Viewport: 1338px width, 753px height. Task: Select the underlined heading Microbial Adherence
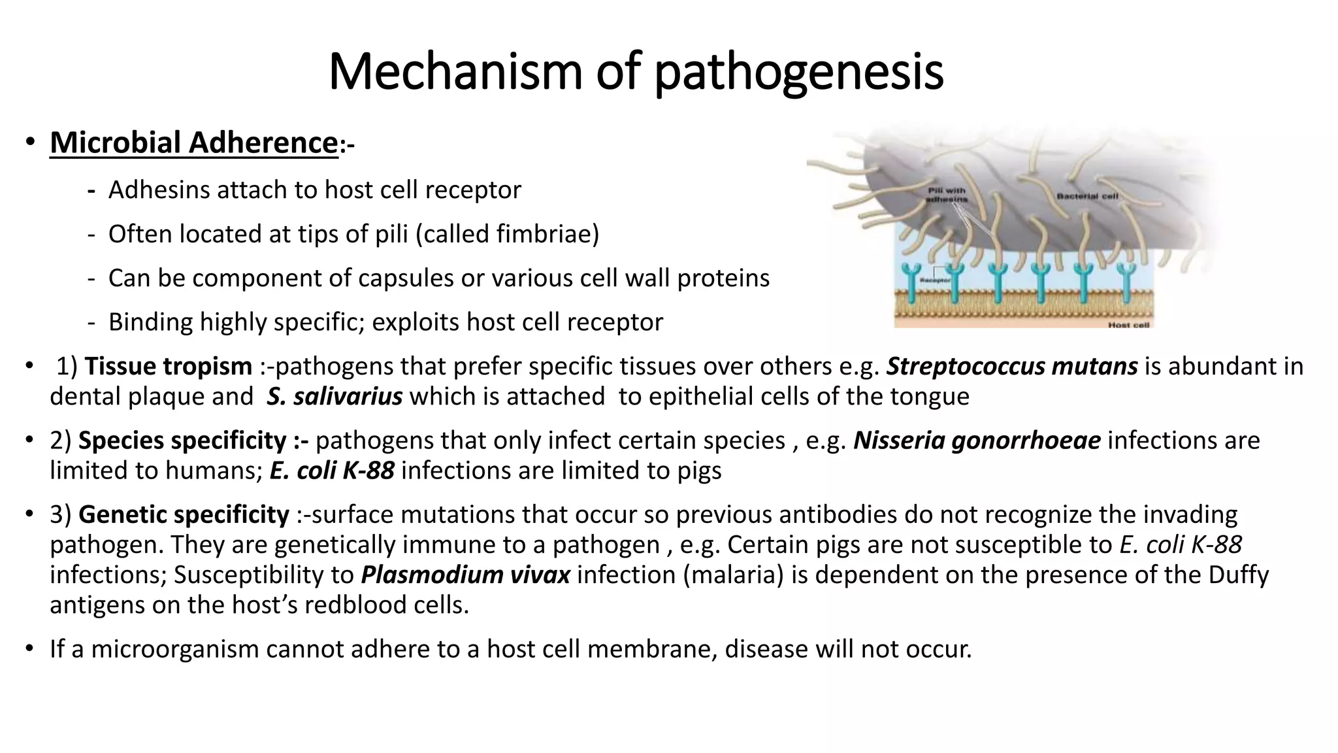[193, 143]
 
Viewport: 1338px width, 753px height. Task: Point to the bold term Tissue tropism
[168, 367]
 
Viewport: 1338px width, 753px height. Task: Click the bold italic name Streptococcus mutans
[1012, 367]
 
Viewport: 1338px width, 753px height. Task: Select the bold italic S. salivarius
[334, 397]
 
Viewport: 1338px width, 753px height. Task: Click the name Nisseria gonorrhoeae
[977, 441]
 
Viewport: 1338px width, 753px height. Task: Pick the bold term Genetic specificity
[184, 515]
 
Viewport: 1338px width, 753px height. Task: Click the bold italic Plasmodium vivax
[465, 575]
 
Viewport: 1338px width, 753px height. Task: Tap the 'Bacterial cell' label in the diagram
[1087, 196]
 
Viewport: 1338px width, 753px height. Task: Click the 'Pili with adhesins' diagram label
[947, 195]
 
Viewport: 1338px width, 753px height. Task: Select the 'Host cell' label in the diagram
[1128, 325]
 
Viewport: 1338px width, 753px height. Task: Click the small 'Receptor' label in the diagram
[934, 280]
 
